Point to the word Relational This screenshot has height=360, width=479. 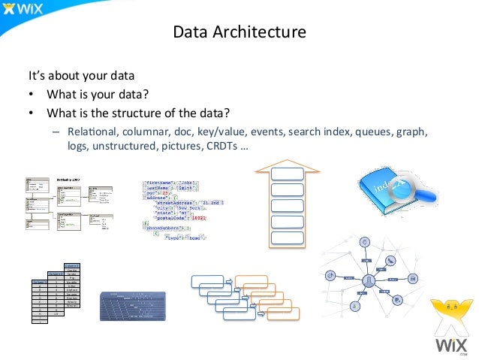[87, 132]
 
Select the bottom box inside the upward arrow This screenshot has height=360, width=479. [288, 238]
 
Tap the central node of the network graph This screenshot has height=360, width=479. [369, 280]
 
